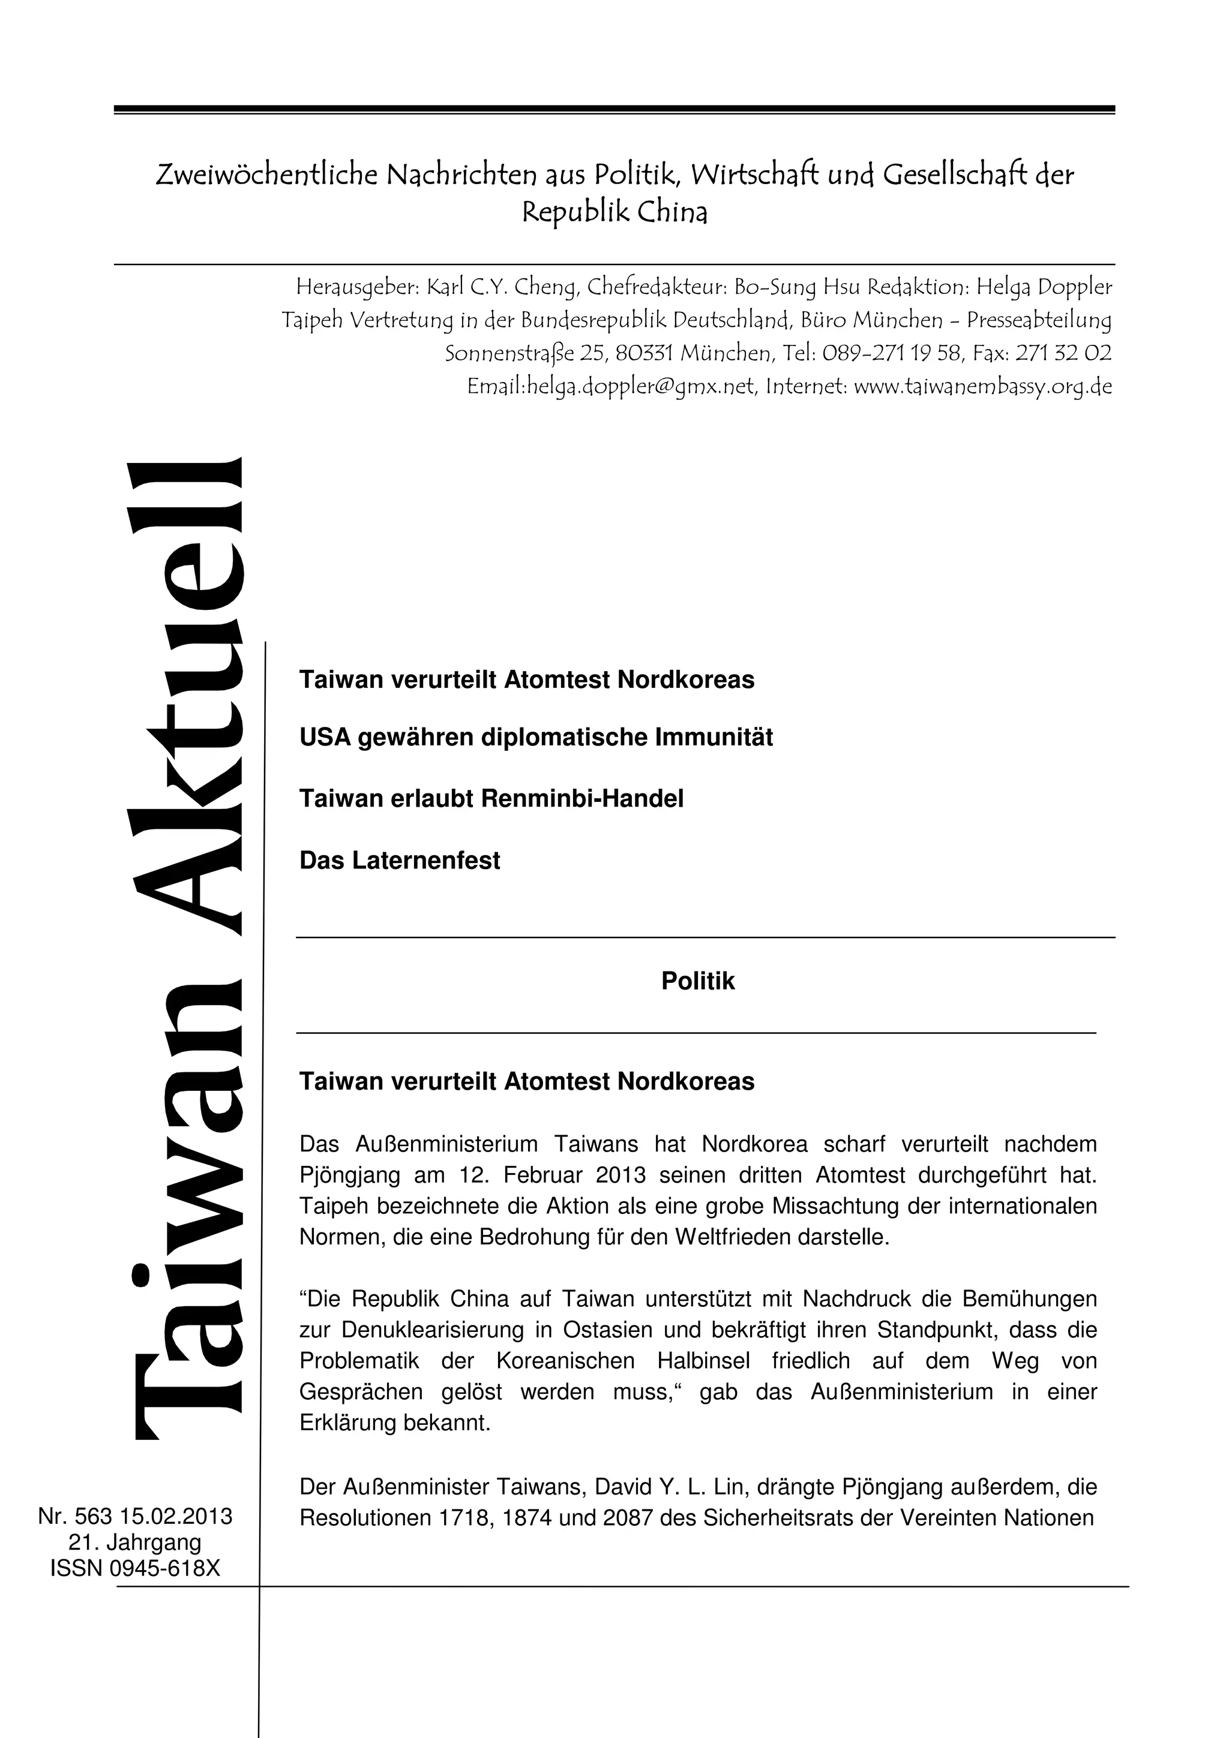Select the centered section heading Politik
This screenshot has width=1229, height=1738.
pos(697,981)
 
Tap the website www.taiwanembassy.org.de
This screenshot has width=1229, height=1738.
pos(983,387)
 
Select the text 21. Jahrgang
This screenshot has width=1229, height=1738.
pos(135,1542)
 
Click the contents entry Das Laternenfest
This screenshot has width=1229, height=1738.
pos(400,861)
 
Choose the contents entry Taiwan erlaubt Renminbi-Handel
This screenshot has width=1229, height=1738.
pos(491,799)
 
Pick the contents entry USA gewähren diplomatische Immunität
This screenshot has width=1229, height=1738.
pos(536,737)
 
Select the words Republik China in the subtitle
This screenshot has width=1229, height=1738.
pos(614,213)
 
